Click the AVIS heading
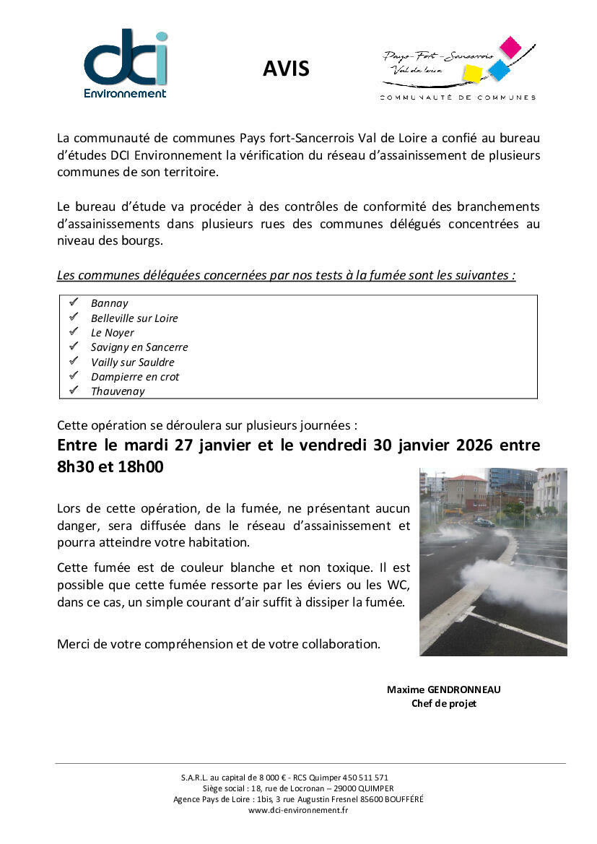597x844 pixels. pos(286,69)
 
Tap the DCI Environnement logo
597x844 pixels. pos(125,64)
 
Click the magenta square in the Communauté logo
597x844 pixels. pos(510,47)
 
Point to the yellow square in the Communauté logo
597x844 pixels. pos(472,73)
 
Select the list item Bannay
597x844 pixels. pos(109,303)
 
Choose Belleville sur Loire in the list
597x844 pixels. pos(134,318)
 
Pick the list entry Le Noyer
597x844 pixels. pos(113,333)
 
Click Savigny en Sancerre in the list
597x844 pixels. pos(139,347)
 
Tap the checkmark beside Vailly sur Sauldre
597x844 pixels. pos(73,361)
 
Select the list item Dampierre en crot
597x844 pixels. pos(135,377)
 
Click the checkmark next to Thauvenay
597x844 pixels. pos(73,391)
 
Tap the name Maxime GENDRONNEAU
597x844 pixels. pos(443,689)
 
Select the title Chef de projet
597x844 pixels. pos(444,703)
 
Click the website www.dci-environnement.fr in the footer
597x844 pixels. pos(298,810)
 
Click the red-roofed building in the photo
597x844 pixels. pos(466,490)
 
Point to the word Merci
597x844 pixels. pos(74,644)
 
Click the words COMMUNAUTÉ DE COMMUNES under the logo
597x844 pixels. pos(458,97)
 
